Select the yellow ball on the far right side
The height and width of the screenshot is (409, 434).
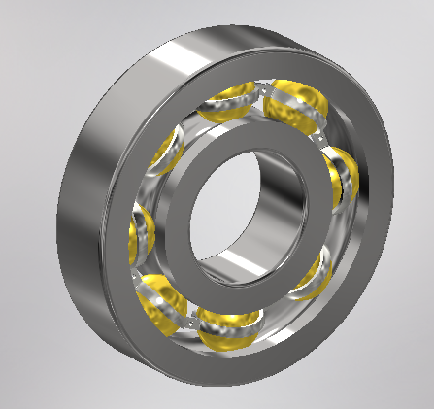point(341,179)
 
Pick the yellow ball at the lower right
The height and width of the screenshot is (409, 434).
point(315,273)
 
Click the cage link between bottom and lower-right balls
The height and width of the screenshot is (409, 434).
point(277,309)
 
